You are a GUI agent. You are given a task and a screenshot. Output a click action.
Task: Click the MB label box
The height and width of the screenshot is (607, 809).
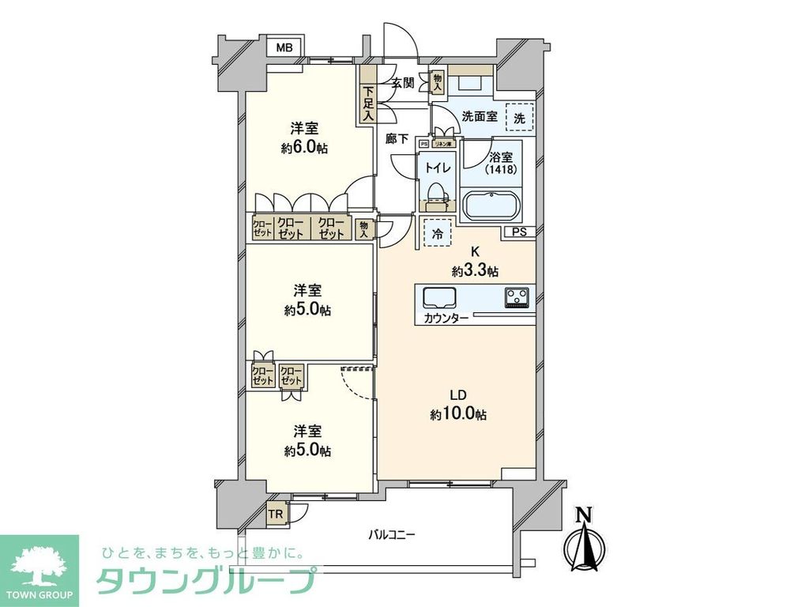tap(285, 48)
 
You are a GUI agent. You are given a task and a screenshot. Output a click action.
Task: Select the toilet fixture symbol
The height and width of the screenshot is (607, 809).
tap(436, 193)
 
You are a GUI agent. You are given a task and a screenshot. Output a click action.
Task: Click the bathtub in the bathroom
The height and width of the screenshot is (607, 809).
tap(491, 207)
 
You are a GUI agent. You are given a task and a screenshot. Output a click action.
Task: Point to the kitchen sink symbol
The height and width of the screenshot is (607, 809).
tap(440, 298)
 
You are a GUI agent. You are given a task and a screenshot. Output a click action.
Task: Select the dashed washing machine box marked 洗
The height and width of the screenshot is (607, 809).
tap(519, 118)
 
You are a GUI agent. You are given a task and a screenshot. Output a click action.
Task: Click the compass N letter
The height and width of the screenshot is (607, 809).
tap(584, 515)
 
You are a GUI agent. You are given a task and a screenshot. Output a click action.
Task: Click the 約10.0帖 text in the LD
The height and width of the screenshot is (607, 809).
tap(458, 414)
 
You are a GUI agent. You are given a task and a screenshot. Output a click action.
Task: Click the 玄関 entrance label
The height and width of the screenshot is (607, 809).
tap(402, 81)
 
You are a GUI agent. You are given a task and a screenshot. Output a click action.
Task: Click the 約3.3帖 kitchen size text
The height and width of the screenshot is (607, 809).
tap(475, 271)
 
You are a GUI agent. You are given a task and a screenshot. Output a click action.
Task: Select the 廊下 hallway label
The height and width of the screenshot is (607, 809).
tap(397, 139)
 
